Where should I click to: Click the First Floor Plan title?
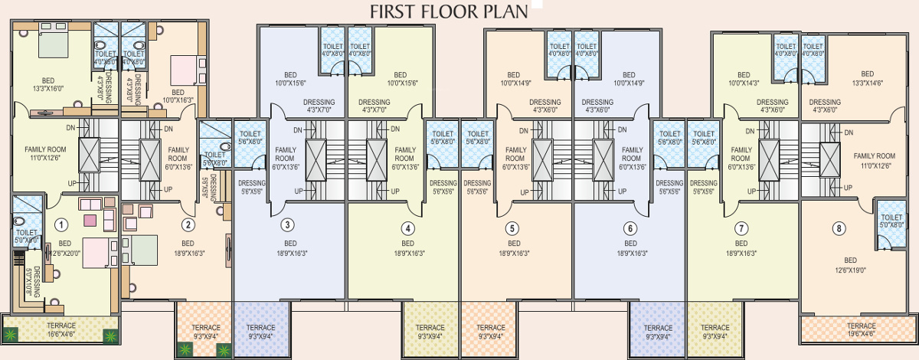[449, 11]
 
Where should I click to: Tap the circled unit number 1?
[62, 224]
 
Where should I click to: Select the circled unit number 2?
[187, 224]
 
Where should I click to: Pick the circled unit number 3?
[286, 224]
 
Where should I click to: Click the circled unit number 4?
[408, 227]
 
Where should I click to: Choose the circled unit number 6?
[630, 227]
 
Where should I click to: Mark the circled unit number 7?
[741, 227]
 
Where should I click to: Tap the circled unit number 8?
[839, 227]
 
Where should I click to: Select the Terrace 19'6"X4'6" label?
[859, 330]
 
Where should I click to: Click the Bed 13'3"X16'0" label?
[48, 84]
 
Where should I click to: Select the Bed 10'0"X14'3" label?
[744, 78]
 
